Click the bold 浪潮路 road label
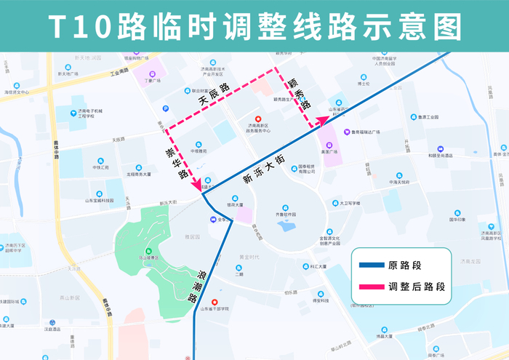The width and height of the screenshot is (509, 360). tap(204, 284)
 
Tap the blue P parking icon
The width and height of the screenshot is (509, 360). tap(166, 108)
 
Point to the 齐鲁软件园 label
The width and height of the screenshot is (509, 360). tap(284, 215)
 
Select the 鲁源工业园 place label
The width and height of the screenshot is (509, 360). tap(427, 116)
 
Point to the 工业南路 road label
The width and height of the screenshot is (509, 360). tap(119, 73)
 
